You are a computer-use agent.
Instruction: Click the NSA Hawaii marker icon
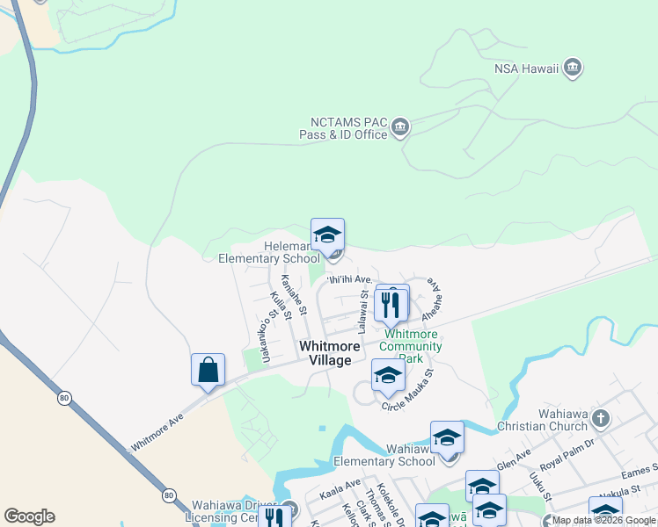point(573,67)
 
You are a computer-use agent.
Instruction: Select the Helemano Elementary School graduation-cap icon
point(327,235)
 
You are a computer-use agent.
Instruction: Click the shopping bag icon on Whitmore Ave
point(208,370)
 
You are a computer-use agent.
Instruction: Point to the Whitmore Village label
point(325,353)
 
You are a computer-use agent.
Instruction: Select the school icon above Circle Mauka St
point(388,375)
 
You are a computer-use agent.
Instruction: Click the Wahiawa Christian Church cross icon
point(601,418)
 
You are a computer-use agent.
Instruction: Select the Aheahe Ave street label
point(435,300)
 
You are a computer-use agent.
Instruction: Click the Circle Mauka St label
point(408,390)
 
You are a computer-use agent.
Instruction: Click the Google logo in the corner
point(29,516)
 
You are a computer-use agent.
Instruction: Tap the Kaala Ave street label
point(340,488)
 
